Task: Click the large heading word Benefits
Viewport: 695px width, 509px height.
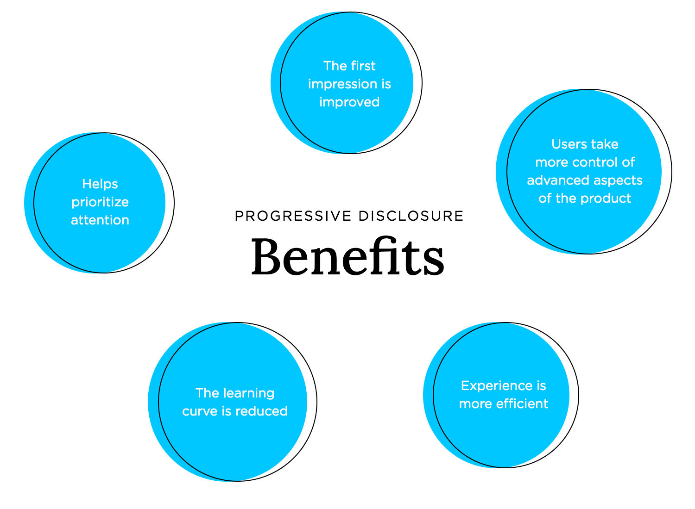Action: (347, 257)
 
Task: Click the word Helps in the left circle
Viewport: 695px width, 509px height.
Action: (100, 184)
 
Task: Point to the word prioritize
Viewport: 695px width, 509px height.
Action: (100, 202)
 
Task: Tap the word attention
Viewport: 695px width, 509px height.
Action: (100, 220)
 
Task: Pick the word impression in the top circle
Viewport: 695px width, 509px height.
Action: (336, 84)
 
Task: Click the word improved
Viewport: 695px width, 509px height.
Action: (349, 102)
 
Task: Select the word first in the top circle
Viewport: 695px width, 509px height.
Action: (363, 66)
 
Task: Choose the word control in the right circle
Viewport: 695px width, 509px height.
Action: (595, 162)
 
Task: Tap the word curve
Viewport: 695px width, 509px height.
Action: (200, 411)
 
